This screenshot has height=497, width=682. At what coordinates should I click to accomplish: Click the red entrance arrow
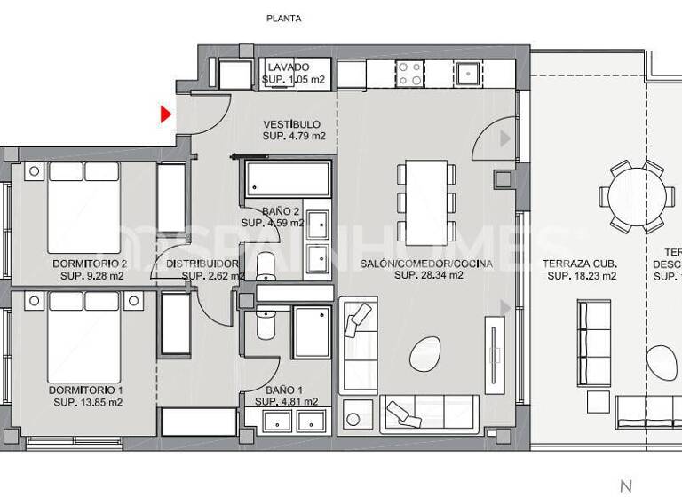coord(165,114)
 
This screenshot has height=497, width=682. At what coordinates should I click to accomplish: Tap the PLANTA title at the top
coord(284,18)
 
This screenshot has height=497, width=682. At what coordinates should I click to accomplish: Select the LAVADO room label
coord(287,67)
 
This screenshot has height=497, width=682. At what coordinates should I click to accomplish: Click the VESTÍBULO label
coord(292,124)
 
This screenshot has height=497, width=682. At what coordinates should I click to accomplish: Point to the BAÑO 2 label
coord(281,211)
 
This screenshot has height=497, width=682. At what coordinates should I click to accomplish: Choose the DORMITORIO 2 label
coord(90,264)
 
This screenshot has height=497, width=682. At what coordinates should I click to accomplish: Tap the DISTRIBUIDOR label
coord(202,264)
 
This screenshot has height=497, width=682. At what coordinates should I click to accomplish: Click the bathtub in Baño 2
coord(288,180)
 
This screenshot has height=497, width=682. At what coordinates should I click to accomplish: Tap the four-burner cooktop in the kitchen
coord(409,73)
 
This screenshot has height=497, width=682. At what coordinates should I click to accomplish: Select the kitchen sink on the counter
coord(467,72)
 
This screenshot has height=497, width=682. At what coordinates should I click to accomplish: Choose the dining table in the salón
coord(426,201)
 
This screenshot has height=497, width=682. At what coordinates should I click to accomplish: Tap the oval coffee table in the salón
coord(424,355)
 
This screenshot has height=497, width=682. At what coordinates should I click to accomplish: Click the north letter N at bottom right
coord(626,485)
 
